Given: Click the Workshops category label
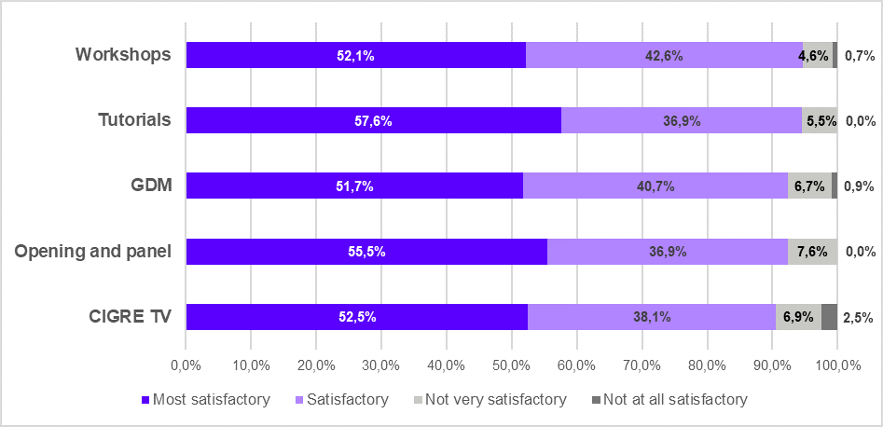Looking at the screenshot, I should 123,54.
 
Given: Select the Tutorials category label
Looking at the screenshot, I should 134,119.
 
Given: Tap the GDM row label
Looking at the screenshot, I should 151,185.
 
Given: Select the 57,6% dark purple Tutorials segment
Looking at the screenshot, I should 373,120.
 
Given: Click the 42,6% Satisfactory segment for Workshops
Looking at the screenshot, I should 664,55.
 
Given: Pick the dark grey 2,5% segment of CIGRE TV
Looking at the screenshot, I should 829,317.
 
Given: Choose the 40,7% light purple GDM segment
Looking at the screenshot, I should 655,186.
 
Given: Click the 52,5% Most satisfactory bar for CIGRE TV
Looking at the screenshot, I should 356,317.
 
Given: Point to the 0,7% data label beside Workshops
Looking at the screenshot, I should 859,55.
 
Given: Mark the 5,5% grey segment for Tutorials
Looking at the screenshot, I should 820,120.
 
